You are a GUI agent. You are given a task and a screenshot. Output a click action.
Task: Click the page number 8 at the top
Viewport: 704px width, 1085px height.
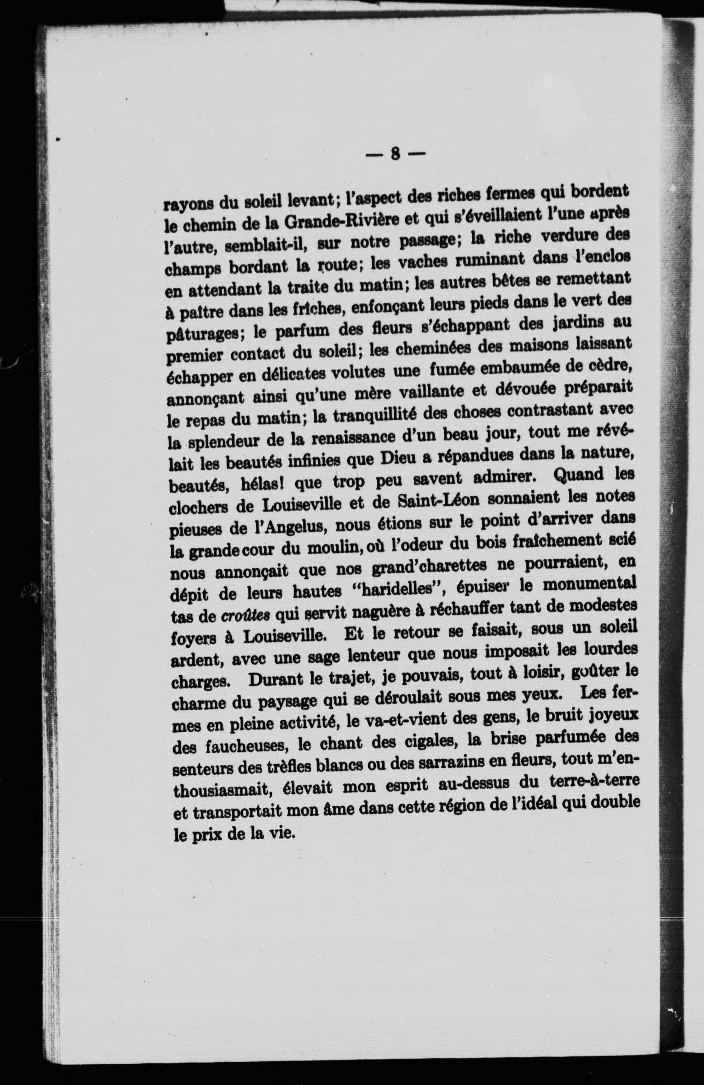[395, 155]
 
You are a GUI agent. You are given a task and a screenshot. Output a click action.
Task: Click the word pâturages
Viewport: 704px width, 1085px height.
[201, 335]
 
